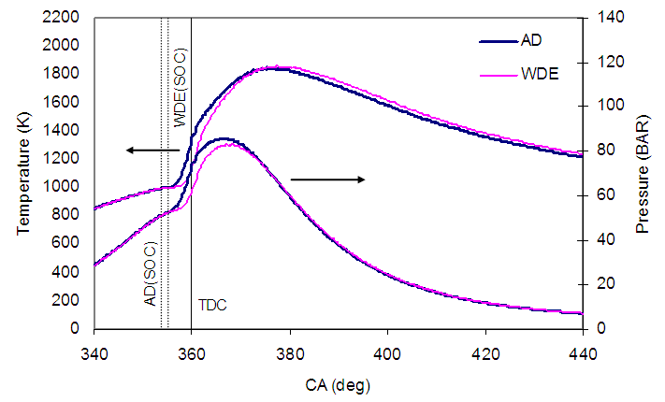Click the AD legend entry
tap(530, 41)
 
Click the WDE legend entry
tap(537, 75)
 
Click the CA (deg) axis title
tap(339, 383)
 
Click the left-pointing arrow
tap(153, 150)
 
